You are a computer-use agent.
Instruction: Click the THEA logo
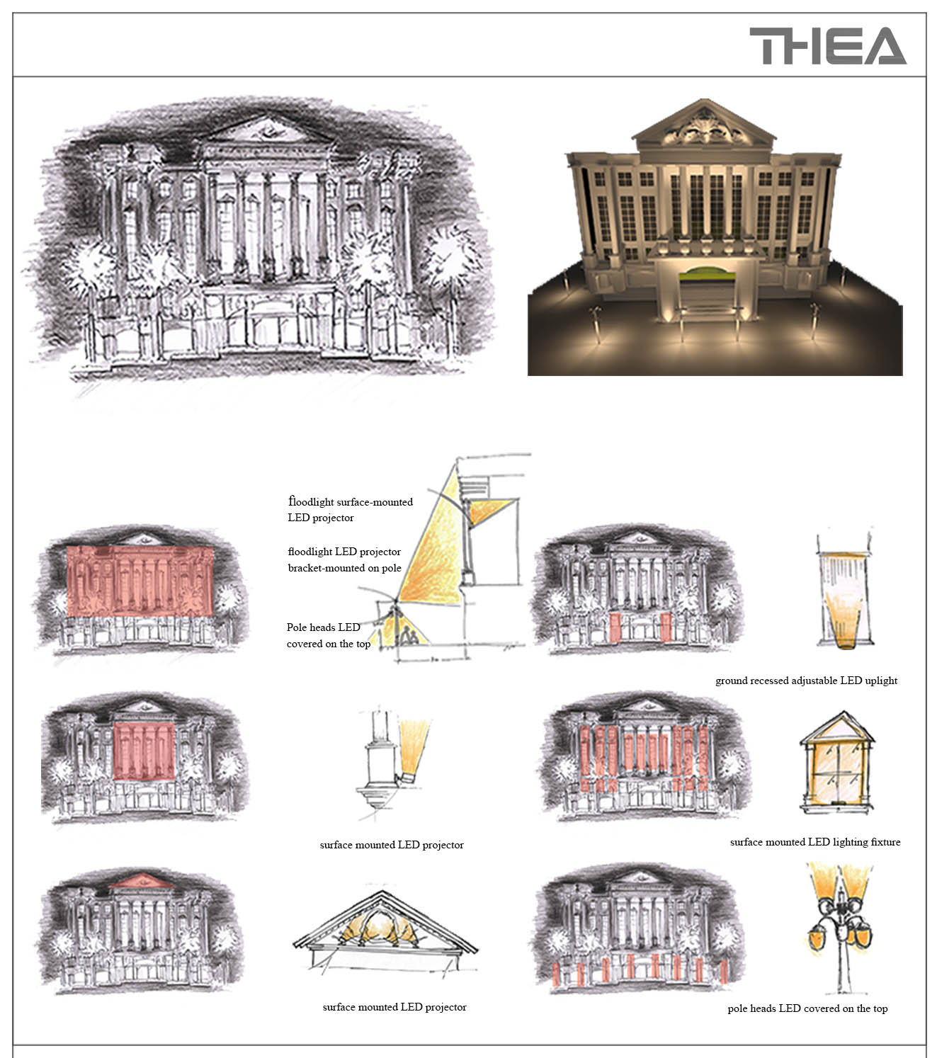827,46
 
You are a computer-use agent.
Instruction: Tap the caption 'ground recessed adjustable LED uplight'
806,681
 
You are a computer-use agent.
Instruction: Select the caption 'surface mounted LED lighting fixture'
814,842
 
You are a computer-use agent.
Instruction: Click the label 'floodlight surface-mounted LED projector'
350,509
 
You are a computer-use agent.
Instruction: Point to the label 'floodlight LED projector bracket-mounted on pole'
344,559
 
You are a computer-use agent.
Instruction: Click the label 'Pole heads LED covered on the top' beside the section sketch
329,635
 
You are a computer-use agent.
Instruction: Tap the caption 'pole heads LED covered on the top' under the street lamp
807,1008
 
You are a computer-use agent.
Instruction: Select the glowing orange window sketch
836,763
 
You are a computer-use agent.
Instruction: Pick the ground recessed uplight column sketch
844,590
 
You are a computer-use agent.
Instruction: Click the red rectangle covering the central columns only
144,751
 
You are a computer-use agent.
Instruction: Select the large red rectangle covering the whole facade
140,581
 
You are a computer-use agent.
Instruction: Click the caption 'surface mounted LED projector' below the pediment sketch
394,1007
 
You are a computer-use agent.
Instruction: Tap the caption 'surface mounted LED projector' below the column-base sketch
392,844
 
